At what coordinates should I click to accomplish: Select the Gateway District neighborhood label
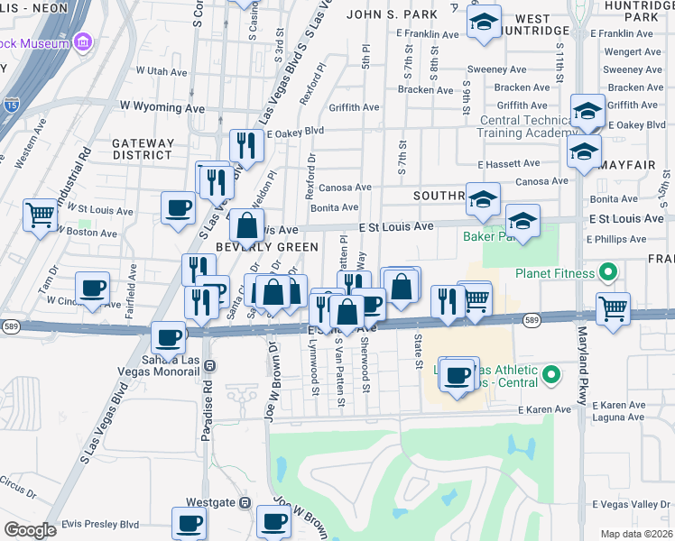coord(143,149)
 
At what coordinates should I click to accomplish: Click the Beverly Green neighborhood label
coord(266,246)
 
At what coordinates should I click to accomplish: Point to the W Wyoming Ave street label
coord(162,107)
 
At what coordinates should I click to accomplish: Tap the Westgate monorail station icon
coord(243,502)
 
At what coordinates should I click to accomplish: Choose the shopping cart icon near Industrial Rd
coord(41,215)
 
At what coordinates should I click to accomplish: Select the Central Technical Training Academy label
coord(512,126)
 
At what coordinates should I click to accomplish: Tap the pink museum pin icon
coord(83,41)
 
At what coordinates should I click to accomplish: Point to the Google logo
coord(31,529)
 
